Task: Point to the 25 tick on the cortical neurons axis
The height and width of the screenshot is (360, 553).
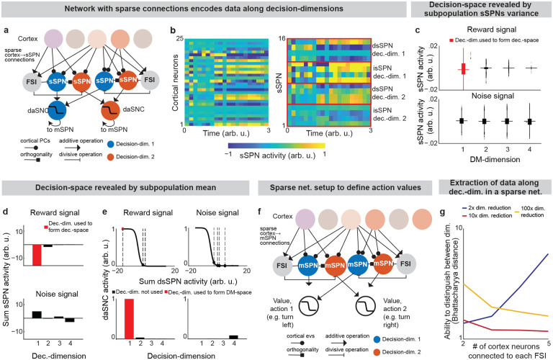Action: pyautogui.click(x=183, y=37)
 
